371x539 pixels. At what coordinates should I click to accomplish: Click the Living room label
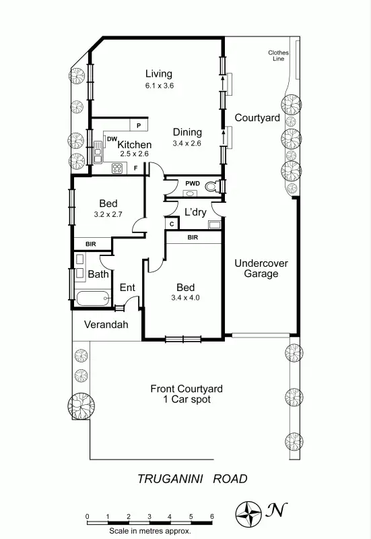[159, 74]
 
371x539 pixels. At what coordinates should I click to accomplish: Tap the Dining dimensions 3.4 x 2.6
[187, 144]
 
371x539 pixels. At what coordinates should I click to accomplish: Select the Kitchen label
[135, 144]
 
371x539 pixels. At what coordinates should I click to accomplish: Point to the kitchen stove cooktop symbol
[116, 169]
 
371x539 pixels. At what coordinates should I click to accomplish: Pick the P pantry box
[139, 125]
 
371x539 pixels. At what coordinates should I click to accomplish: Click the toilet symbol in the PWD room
[212, 187]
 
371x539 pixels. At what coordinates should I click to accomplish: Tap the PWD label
[191, 182]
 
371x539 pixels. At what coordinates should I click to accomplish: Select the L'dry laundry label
[195, 212]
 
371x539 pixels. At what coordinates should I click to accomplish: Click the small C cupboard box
[172, 224]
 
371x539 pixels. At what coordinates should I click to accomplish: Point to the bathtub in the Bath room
[93, 298]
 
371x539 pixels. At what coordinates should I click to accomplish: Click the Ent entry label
[127, 288]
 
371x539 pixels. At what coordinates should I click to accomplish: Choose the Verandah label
[106, 325]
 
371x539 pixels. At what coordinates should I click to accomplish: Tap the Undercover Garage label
[261, 268]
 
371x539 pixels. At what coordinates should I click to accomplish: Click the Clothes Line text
[277, 55]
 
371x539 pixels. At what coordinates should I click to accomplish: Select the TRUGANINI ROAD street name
[193, 479]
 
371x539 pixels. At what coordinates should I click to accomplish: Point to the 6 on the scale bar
[211, 516]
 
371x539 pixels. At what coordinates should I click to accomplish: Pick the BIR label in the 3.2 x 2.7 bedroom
[90, 244]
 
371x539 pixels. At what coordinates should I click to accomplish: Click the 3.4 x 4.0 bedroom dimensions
[186, 297]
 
